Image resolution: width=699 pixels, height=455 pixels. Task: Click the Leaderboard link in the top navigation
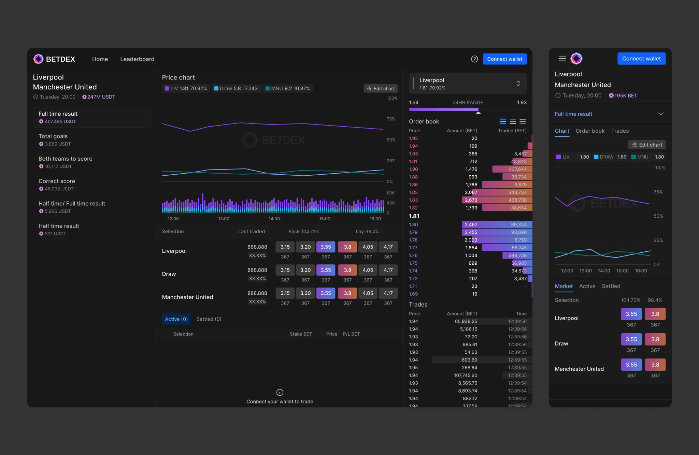click(137, 59)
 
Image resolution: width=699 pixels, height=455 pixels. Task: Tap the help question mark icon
click(474, 59)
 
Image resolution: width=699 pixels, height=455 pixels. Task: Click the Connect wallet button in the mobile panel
click(641, 59)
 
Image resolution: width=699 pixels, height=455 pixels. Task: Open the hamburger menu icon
click(562, 59)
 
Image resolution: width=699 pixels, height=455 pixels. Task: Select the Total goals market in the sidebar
click(53, 136)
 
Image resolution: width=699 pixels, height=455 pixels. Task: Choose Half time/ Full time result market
click(72, 204)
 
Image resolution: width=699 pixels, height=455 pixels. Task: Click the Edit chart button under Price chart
click(380, 88)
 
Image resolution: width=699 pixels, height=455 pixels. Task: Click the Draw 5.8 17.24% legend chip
click(236, 88)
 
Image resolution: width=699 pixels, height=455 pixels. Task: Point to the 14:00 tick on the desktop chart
click(274, 219)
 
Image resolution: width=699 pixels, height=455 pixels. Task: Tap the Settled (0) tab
click(209, 319)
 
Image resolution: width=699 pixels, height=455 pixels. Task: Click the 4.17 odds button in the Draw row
click(388, 270)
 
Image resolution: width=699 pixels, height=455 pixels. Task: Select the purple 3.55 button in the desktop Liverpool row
click(325, 247)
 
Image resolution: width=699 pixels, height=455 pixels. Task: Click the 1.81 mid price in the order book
click(414, 216)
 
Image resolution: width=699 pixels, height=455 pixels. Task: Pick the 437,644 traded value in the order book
click(517, 169)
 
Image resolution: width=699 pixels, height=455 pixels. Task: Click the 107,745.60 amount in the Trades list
click(465, 375)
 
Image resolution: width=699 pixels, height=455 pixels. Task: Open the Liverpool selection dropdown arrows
click(518, 84)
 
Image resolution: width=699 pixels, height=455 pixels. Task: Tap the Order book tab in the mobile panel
click(589, 131)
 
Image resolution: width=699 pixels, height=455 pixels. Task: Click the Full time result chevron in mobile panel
click(660, 114)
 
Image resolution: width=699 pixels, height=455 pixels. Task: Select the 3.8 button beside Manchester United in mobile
click(655, 365)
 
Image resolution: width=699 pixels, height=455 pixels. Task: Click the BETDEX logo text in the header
click(60, 59)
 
